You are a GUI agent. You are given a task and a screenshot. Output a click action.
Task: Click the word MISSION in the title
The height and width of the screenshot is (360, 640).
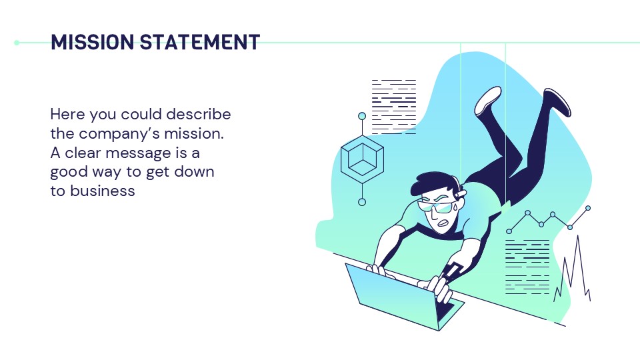tap(91, 43)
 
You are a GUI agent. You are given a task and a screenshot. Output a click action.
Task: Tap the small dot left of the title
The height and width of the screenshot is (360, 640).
tap(17, 43)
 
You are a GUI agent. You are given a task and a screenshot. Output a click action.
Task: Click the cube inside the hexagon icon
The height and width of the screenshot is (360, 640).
tap(362, 159)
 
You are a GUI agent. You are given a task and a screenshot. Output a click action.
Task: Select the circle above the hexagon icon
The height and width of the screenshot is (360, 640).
tap(362, 116)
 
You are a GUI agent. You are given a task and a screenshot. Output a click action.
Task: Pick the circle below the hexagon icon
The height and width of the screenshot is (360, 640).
tap(362, 202)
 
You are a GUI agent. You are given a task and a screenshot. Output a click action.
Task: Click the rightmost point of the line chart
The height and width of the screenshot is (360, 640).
tap(588, 208)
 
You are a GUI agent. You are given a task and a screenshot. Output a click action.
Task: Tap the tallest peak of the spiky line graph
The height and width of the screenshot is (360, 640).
tap(577, 236)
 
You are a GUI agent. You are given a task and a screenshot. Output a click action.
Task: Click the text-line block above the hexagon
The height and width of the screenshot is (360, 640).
tap(393, 107)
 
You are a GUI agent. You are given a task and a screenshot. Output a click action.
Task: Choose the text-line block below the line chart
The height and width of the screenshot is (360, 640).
tap(527, 267)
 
